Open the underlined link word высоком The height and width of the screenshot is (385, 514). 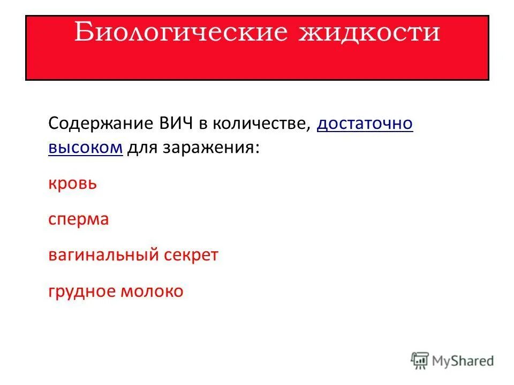click(86, 147)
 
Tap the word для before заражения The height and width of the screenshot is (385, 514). click(141, 147)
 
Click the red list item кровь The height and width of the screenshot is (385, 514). click(72, 183)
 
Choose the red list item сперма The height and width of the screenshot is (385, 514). click(78, 220)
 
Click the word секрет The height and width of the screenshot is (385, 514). click(194, 255)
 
